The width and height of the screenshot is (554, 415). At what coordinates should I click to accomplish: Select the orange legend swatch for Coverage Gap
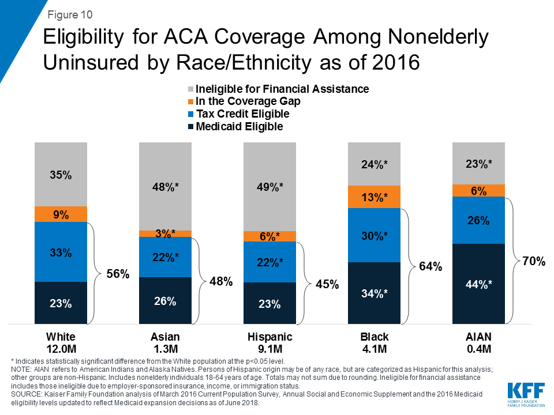190,101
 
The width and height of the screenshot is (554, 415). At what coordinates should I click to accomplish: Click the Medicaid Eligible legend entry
239,126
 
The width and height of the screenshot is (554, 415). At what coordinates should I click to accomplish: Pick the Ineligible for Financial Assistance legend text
282,89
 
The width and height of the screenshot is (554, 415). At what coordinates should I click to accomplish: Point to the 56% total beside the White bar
118,274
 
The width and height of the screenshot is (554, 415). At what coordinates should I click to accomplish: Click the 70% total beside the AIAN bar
534,262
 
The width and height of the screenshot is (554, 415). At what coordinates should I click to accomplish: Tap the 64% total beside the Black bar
431,266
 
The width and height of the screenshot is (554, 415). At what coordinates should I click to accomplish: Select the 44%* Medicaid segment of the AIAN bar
478,283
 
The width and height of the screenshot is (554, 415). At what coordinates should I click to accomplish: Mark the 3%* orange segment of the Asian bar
165,233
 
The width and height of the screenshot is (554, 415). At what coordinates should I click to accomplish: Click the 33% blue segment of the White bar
61,252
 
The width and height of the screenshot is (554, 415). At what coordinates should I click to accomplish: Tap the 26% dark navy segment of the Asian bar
165,301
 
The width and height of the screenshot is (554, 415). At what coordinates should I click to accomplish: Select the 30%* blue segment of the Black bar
374,235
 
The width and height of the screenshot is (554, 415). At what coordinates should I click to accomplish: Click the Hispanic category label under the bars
269,337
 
